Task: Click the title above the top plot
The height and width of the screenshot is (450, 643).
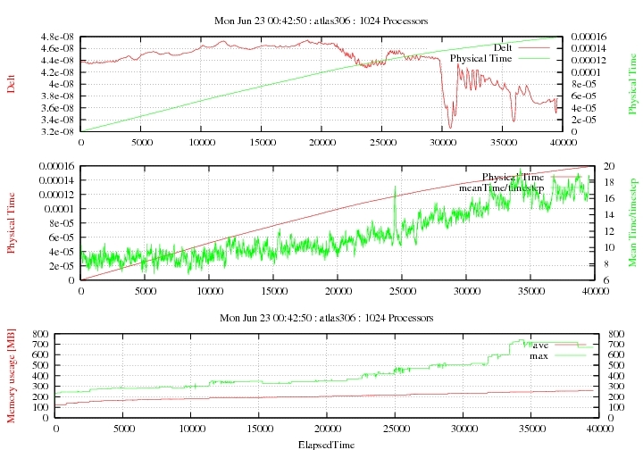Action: click(x=321, y=19)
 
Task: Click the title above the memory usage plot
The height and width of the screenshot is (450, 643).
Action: click(x=321, y=318)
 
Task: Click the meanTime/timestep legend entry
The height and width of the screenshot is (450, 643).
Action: click(x=501, y=188)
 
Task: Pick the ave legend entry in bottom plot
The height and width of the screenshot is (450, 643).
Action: click(x=539, y=345)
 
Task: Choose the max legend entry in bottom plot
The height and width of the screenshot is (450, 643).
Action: click(x=539, y=356)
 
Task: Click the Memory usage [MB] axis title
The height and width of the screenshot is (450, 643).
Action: click(x=12, y=375)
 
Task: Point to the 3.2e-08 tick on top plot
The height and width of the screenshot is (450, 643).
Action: click(x=56, y=131)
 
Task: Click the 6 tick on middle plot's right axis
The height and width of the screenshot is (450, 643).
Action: click(x=581, y=280)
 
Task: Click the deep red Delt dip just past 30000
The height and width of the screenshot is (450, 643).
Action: click(x=450, y=126)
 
